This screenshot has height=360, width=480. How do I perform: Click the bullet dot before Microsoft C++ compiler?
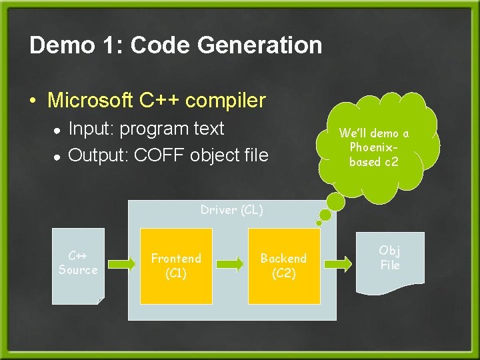tap(33, 102)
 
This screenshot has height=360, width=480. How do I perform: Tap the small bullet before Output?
tap(57, 157)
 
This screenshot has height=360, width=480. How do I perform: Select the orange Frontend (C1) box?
tap(176, 265)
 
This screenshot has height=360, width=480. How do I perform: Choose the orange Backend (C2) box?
tap(283, 265)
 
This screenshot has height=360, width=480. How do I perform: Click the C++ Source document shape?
tap(78, 267)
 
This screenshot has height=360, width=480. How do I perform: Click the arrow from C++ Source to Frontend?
tap(121, 265)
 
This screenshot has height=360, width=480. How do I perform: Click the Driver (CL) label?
tap(232, 210)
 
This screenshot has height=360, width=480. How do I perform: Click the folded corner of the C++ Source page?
tap(101, 301)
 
